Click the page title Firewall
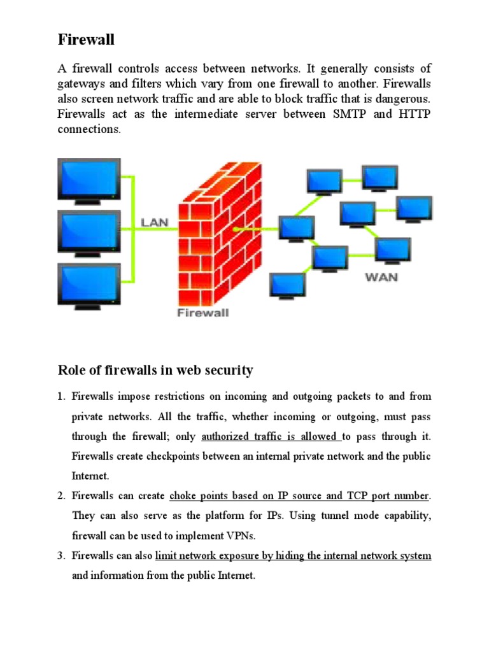coord(87,39)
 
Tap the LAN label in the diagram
coord(154,222)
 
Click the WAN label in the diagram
coord(381,278)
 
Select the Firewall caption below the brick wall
coord(202,313)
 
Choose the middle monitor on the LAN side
coord(89,230)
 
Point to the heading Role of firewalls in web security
coord(155,370)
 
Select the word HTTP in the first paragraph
coord(415,115)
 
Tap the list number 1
coord(61,396)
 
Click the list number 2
coord(61,495)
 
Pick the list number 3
coord(61,556)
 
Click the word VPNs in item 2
coord(246,535)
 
